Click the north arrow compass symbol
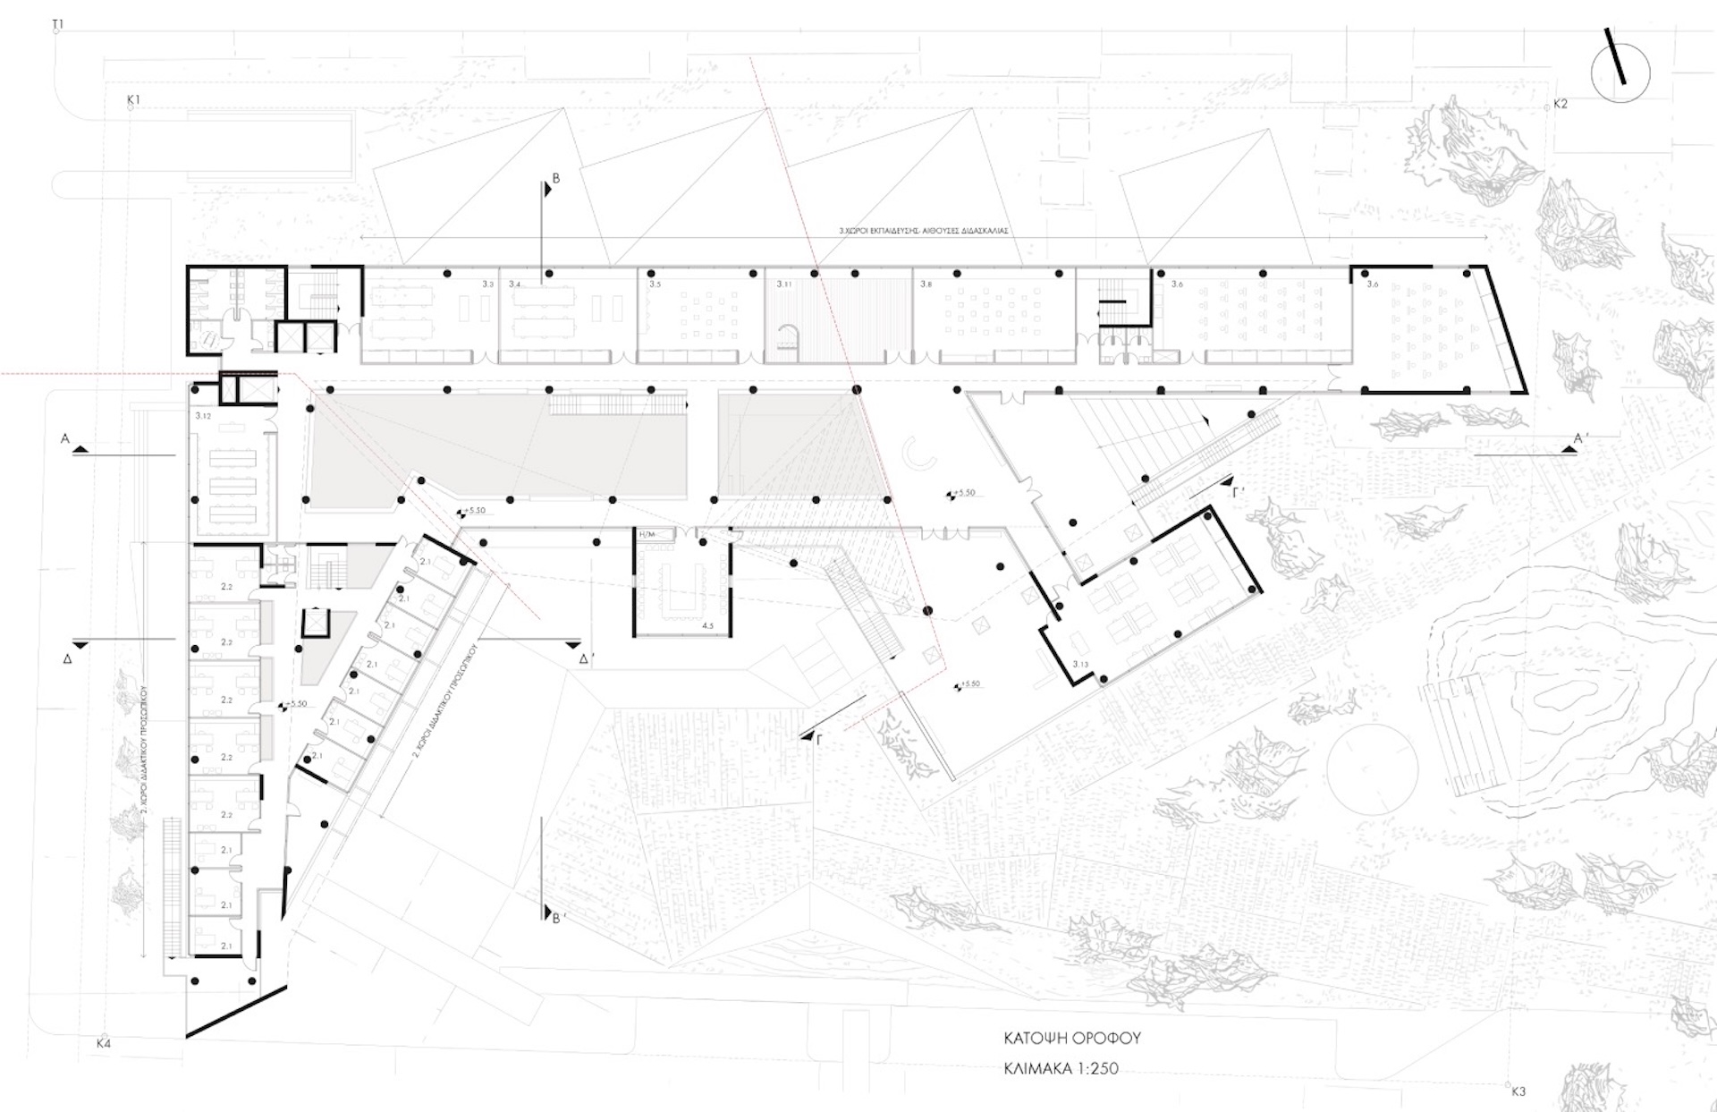click(1620, 72)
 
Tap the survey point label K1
click(134, 100)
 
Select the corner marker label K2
click(1561, 104)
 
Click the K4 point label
click(104, 1043)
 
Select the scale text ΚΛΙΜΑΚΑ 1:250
click(1061, 1068)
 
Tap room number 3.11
click(784, 284)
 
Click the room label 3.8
click(926, 284)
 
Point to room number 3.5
click(655, 284)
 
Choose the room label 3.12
click(203, 416)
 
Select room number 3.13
click(1080, 664)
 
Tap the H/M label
click(646, 534)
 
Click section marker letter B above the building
click(555, 179)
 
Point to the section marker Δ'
click(587, 659)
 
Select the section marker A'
click(1581, 439)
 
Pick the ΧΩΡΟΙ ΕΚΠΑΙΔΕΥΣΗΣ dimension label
click(924, 230)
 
